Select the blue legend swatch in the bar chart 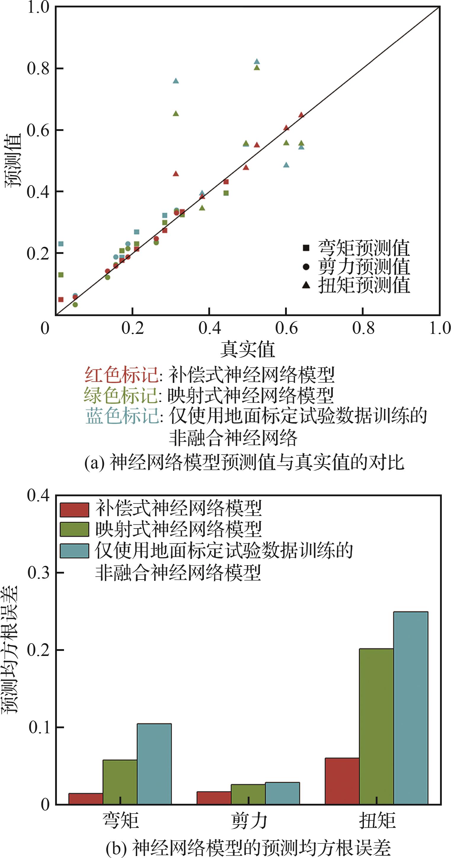74,551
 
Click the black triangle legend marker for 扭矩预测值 306,285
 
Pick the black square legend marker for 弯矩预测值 306,248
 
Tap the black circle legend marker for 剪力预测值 306,266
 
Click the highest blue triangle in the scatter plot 257,62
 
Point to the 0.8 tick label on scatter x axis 363,328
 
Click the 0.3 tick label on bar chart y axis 38,573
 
